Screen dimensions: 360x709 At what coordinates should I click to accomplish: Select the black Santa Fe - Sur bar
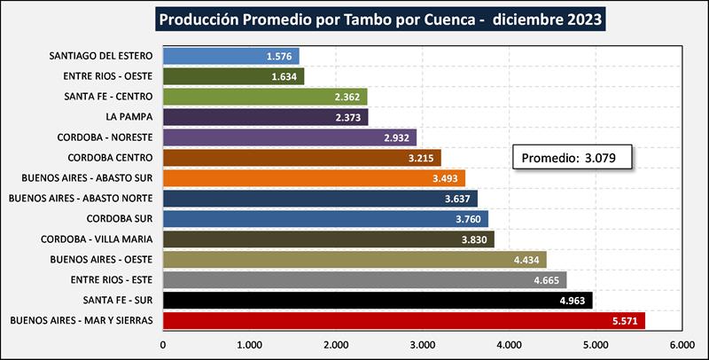tap(378, 300)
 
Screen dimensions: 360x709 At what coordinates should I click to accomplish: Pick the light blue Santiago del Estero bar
tap(230, 57)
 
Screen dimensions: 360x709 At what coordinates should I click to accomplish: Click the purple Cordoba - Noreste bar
tap(289, 137)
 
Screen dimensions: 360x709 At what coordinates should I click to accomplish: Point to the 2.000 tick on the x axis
tap(336, 344)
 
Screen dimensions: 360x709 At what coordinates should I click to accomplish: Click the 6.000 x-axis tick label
tap(681, 344)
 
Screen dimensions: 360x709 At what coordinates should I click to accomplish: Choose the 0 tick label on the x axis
tap(163, 344)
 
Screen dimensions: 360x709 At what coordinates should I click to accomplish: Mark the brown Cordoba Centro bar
tap(301, 158)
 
